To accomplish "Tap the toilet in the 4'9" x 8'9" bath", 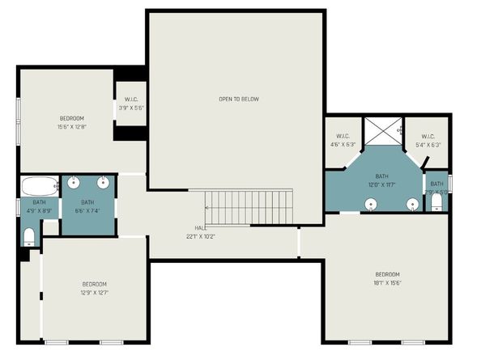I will coord(29,235).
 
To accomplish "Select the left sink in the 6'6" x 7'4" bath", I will coord(73,181).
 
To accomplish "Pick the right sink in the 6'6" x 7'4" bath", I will coord(104,181).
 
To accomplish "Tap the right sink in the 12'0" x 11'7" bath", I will coord(412,203).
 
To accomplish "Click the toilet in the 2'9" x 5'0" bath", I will coord(437,201).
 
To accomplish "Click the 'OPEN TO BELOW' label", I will coord(239,100).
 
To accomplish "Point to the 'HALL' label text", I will coord(201,228).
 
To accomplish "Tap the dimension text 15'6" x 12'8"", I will coord(71,126).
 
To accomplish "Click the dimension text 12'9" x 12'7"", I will coord(95,292).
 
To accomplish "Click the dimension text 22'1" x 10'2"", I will coord(201,236).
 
